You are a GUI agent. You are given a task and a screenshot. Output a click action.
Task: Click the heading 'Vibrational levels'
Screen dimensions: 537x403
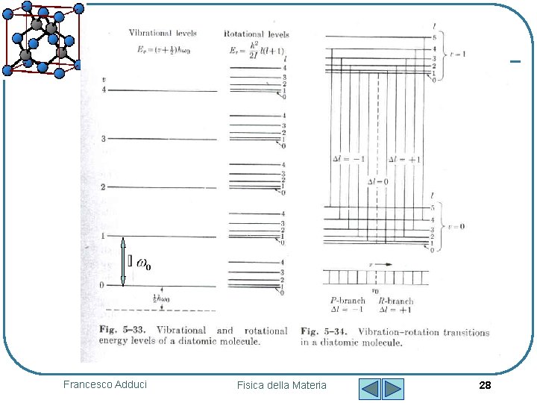pos(163,34)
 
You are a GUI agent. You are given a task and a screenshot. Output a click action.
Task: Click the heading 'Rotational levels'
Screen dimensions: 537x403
pos(257,34)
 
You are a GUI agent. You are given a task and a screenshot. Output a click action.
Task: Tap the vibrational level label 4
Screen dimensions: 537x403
pos(104,90)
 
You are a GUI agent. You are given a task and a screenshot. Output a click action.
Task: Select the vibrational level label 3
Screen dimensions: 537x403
pos(104,140)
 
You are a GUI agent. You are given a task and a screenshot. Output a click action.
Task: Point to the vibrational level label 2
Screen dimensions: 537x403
pos(103,187)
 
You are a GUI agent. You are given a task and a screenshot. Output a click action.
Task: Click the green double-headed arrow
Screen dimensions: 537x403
pos(123,261)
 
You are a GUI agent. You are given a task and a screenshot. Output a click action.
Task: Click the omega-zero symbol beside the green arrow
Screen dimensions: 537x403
pos(144,264)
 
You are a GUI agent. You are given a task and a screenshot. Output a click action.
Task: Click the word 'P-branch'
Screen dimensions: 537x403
pos(348,301)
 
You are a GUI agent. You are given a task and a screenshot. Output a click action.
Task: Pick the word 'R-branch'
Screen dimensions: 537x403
pos(396,301)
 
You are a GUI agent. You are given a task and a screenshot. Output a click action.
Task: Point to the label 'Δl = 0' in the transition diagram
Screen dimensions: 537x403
pos(377,182)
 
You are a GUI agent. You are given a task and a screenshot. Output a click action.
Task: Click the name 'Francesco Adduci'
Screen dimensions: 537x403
pos(105,384)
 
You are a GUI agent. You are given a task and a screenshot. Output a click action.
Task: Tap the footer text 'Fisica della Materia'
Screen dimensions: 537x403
pos(281,385)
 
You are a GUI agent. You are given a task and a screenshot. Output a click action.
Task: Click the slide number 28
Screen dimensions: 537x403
pos(485,385)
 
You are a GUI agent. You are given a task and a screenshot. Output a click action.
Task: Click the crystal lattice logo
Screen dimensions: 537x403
pos(42,37)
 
